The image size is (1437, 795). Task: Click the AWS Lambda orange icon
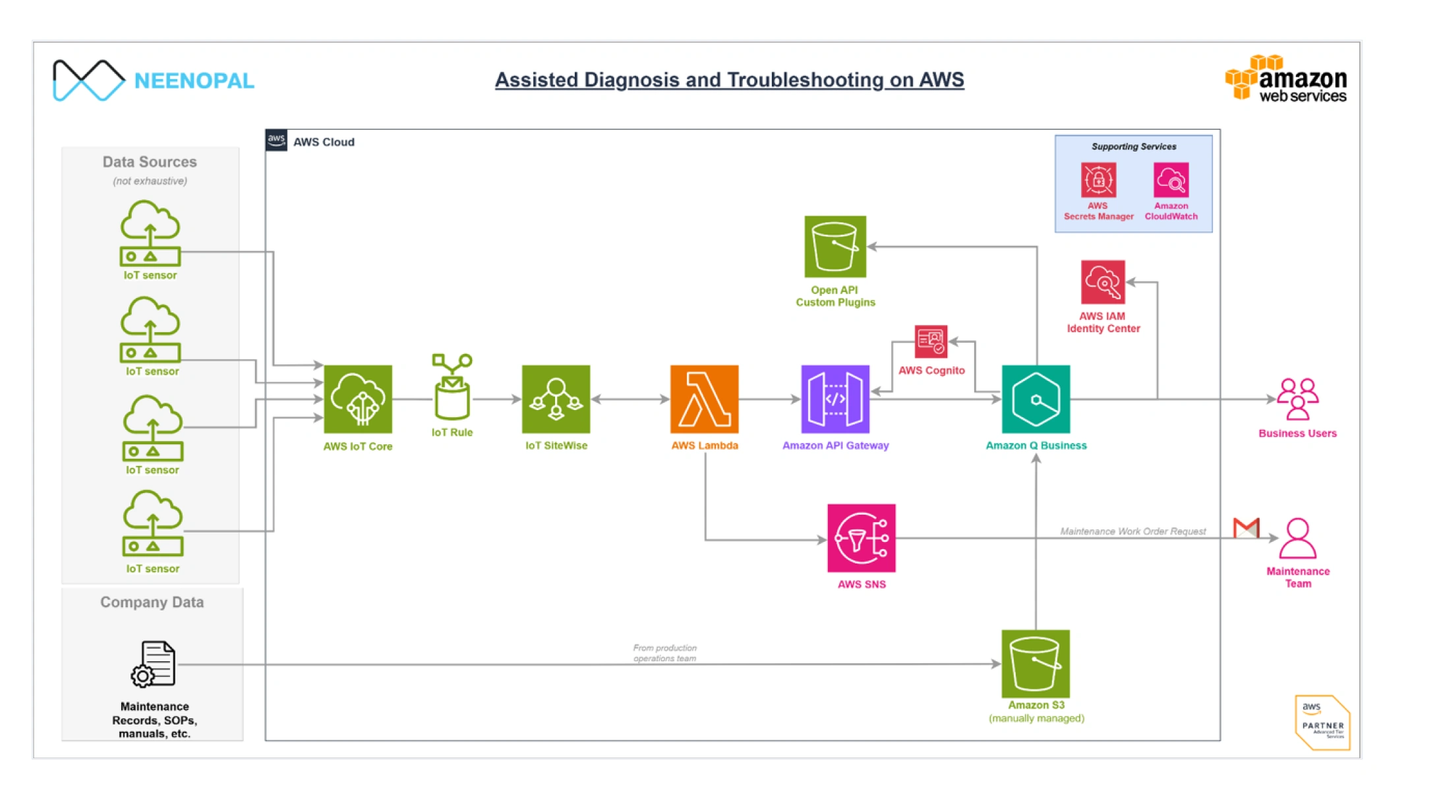coord(704,399)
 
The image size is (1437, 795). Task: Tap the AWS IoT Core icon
coord(358,399)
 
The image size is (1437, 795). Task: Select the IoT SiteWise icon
coord(556,399)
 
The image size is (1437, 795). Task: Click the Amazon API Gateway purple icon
coord(835,399)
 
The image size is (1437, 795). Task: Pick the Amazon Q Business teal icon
coord(1036,399)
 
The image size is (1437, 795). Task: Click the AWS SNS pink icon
coord(861,538)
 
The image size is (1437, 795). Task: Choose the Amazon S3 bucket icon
coord(1035,663)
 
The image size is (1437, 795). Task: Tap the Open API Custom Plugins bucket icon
coord(835,247)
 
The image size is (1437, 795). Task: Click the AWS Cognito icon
coord(931,341)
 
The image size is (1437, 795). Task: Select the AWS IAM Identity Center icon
coord(1103,282)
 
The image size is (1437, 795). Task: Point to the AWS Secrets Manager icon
coord(1098,180)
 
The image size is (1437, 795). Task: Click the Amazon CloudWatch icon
coord(1171,180)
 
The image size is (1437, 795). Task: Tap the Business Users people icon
coord(1297,399)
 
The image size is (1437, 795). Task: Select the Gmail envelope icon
coord(1246,528)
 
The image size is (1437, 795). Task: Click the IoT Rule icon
coord(452,387)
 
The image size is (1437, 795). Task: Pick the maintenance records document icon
coord(154,663)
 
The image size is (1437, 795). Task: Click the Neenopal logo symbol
coord(88,80)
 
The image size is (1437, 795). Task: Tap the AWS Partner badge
coord(1322,722)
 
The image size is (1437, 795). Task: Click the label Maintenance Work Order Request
coord(1132,531)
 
